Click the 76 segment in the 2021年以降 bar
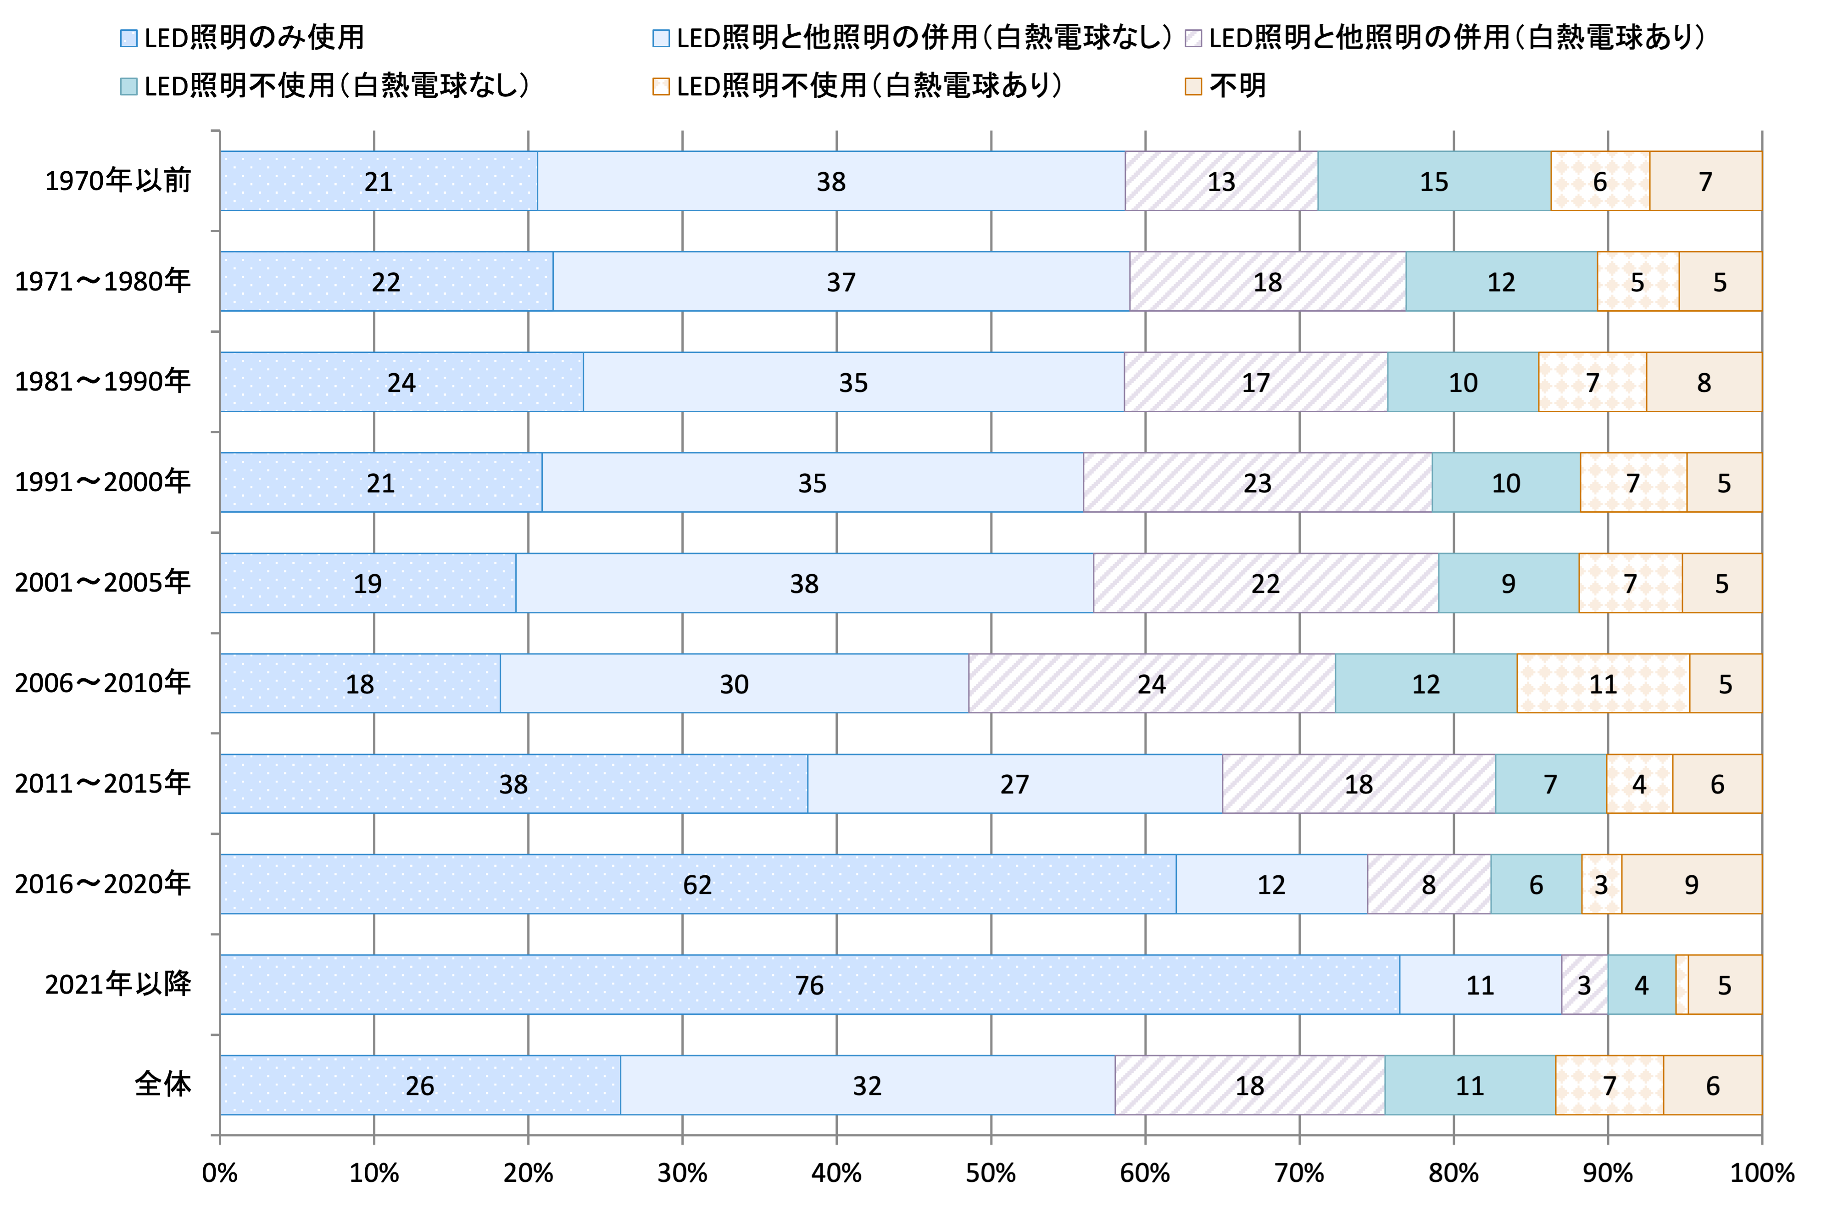click(809, 984)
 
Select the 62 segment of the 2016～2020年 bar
click(698, 884)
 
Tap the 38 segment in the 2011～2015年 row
click(513, 783)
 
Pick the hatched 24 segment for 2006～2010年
click(1152, 683)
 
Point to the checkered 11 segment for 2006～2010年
click(1603, 683)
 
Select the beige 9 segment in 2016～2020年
click(1691, 884)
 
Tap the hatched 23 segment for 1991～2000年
click(1257, 483)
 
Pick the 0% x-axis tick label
click(220, 1173)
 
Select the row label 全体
click(163, 1084)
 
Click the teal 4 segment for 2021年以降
click(1641, 984)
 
